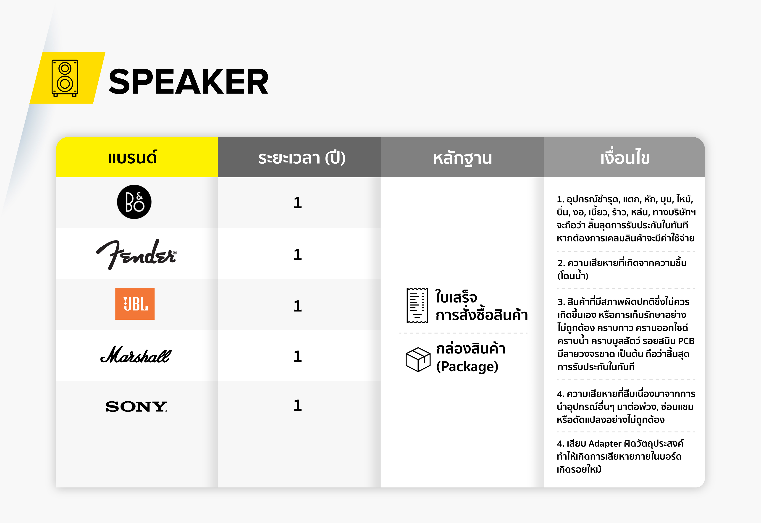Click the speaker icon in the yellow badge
tap(65, 78)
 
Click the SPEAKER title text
tap(189, 82)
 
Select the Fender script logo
tap(136, 254)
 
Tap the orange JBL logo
tap(135, 304)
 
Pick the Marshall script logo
tap(136, 355)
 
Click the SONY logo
tap(136, 406)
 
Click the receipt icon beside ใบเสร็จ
tap(417, 305)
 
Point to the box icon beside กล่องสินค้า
tap(418, 359)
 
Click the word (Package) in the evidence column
tap(467, 367)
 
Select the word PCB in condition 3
tap(686, 341)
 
